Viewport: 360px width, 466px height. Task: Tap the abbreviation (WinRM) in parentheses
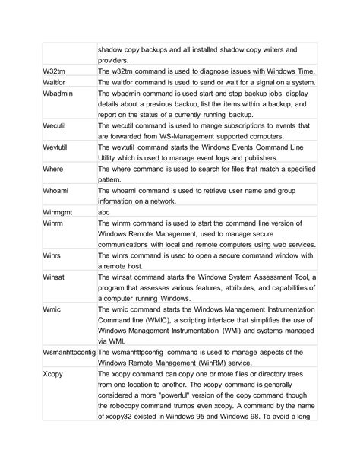coord(229,366)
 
